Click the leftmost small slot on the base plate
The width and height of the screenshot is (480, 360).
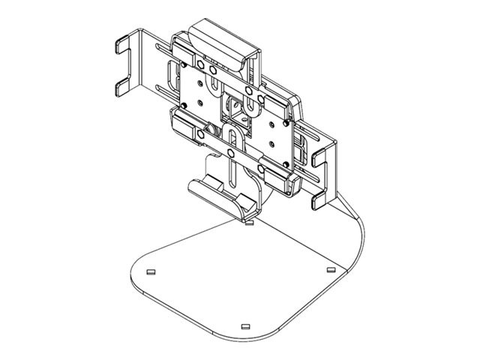click(x=150, y=271)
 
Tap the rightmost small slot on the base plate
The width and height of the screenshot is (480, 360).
click(x=331, y=268)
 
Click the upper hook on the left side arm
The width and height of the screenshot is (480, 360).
click(x=122, y=46)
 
